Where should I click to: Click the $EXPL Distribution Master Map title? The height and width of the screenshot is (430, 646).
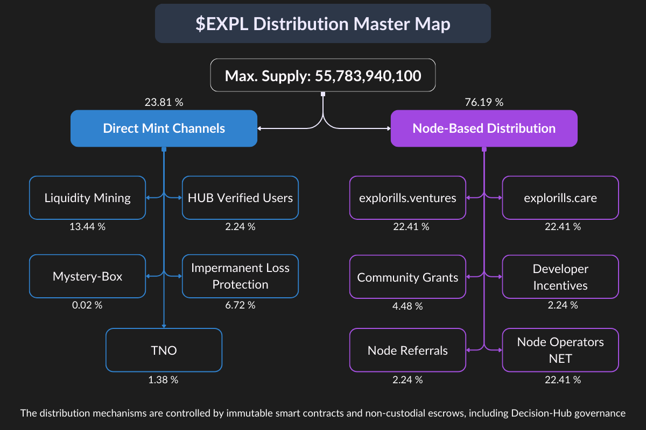coord(322,24)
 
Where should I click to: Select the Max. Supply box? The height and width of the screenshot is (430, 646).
coord(322,76)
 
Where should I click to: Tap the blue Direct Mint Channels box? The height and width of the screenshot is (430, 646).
coord(164,128)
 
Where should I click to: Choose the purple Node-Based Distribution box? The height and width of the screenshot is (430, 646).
coord(484,128)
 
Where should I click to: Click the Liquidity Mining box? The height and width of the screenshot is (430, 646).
coord(87,198)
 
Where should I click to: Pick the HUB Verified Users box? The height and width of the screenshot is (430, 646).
coord(240,198)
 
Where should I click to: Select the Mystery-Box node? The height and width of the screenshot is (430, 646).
coord(87,277)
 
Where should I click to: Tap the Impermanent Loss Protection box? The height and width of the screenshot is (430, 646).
coord(240,276)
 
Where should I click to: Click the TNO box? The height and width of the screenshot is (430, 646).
coord(164,350)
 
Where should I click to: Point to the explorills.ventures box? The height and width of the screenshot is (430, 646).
coord(408,198)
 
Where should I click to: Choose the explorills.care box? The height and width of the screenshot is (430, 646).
coord(560,198)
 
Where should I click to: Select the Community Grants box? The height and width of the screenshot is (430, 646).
coord(408,277)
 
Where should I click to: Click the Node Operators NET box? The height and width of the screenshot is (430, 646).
coord(560,350)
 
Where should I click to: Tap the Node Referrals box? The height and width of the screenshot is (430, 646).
coord(408,350)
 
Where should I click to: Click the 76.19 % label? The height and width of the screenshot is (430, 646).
coord(483,102)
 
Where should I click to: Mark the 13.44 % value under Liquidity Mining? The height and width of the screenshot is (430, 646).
coord(87,226)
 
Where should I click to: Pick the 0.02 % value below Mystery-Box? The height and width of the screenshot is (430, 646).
coord(87,305)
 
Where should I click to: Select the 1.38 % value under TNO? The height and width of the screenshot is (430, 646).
coord(163,380)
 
